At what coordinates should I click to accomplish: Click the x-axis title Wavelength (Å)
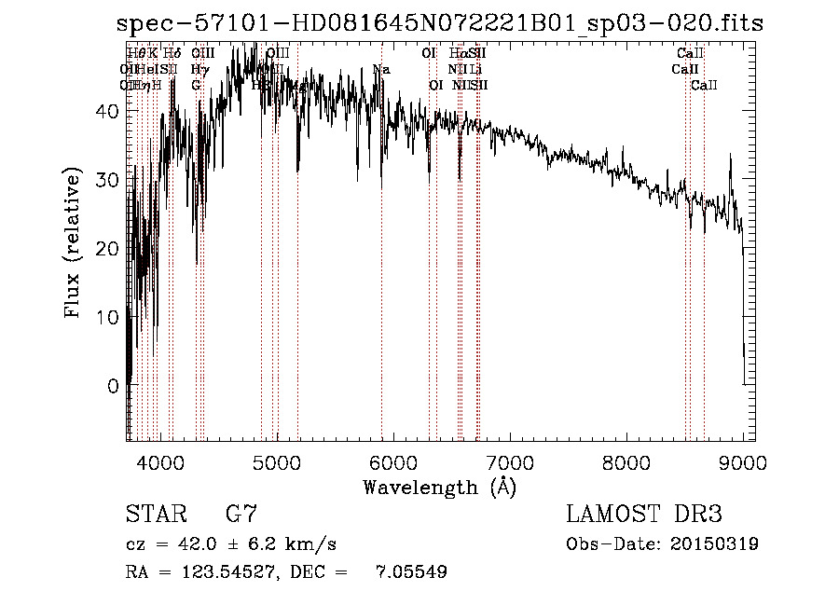pos(439,487)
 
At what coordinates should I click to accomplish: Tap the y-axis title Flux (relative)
pos(74,244)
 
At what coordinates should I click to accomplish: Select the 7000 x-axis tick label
pos(510,462)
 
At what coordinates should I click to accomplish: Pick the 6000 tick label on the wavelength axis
pos(393,462)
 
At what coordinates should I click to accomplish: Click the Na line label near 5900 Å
pos(380,70)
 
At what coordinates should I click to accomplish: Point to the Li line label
pos(475,70)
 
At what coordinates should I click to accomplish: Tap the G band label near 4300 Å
pos(196,86)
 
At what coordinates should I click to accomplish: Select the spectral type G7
pos(241,515)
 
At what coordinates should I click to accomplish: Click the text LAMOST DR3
pos(643,515)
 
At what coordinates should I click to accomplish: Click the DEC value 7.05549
pos(410,572)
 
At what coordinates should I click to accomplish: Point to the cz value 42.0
pos(193,544)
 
